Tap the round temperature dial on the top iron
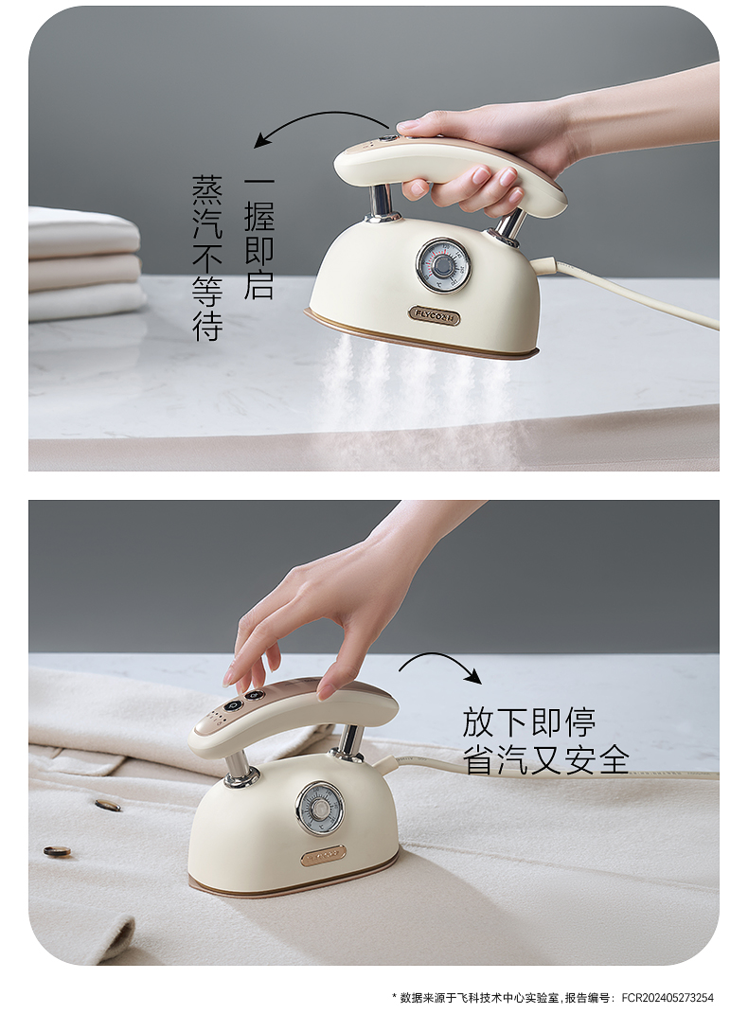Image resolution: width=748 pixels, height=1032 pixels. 443,265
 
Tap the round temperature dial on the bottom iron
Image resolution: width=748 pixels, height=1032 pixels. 320,809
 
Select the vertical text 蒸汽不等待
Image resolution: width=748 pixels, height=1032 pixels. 207,258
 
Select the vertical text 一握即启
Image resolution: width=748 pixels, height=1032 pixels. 258,237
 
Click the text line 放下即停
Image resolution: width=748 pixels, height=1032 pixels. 528,722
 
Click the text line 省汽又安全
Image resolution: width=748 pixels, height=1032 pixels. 545,759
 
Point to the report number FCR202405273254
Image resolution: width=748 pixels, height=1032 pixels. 668,998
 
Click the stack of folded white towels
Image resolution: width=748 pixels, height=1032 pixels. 84,263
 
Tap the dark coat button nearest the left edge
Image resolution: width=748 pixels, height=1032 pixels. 57,851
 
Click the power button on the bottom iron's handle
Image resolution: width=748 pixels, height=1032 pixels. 232,705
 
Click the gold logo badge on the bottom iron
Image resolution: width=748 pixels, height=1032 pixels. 323,855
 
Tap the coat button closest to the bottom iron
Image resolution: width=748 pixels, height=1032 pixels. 108,804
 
